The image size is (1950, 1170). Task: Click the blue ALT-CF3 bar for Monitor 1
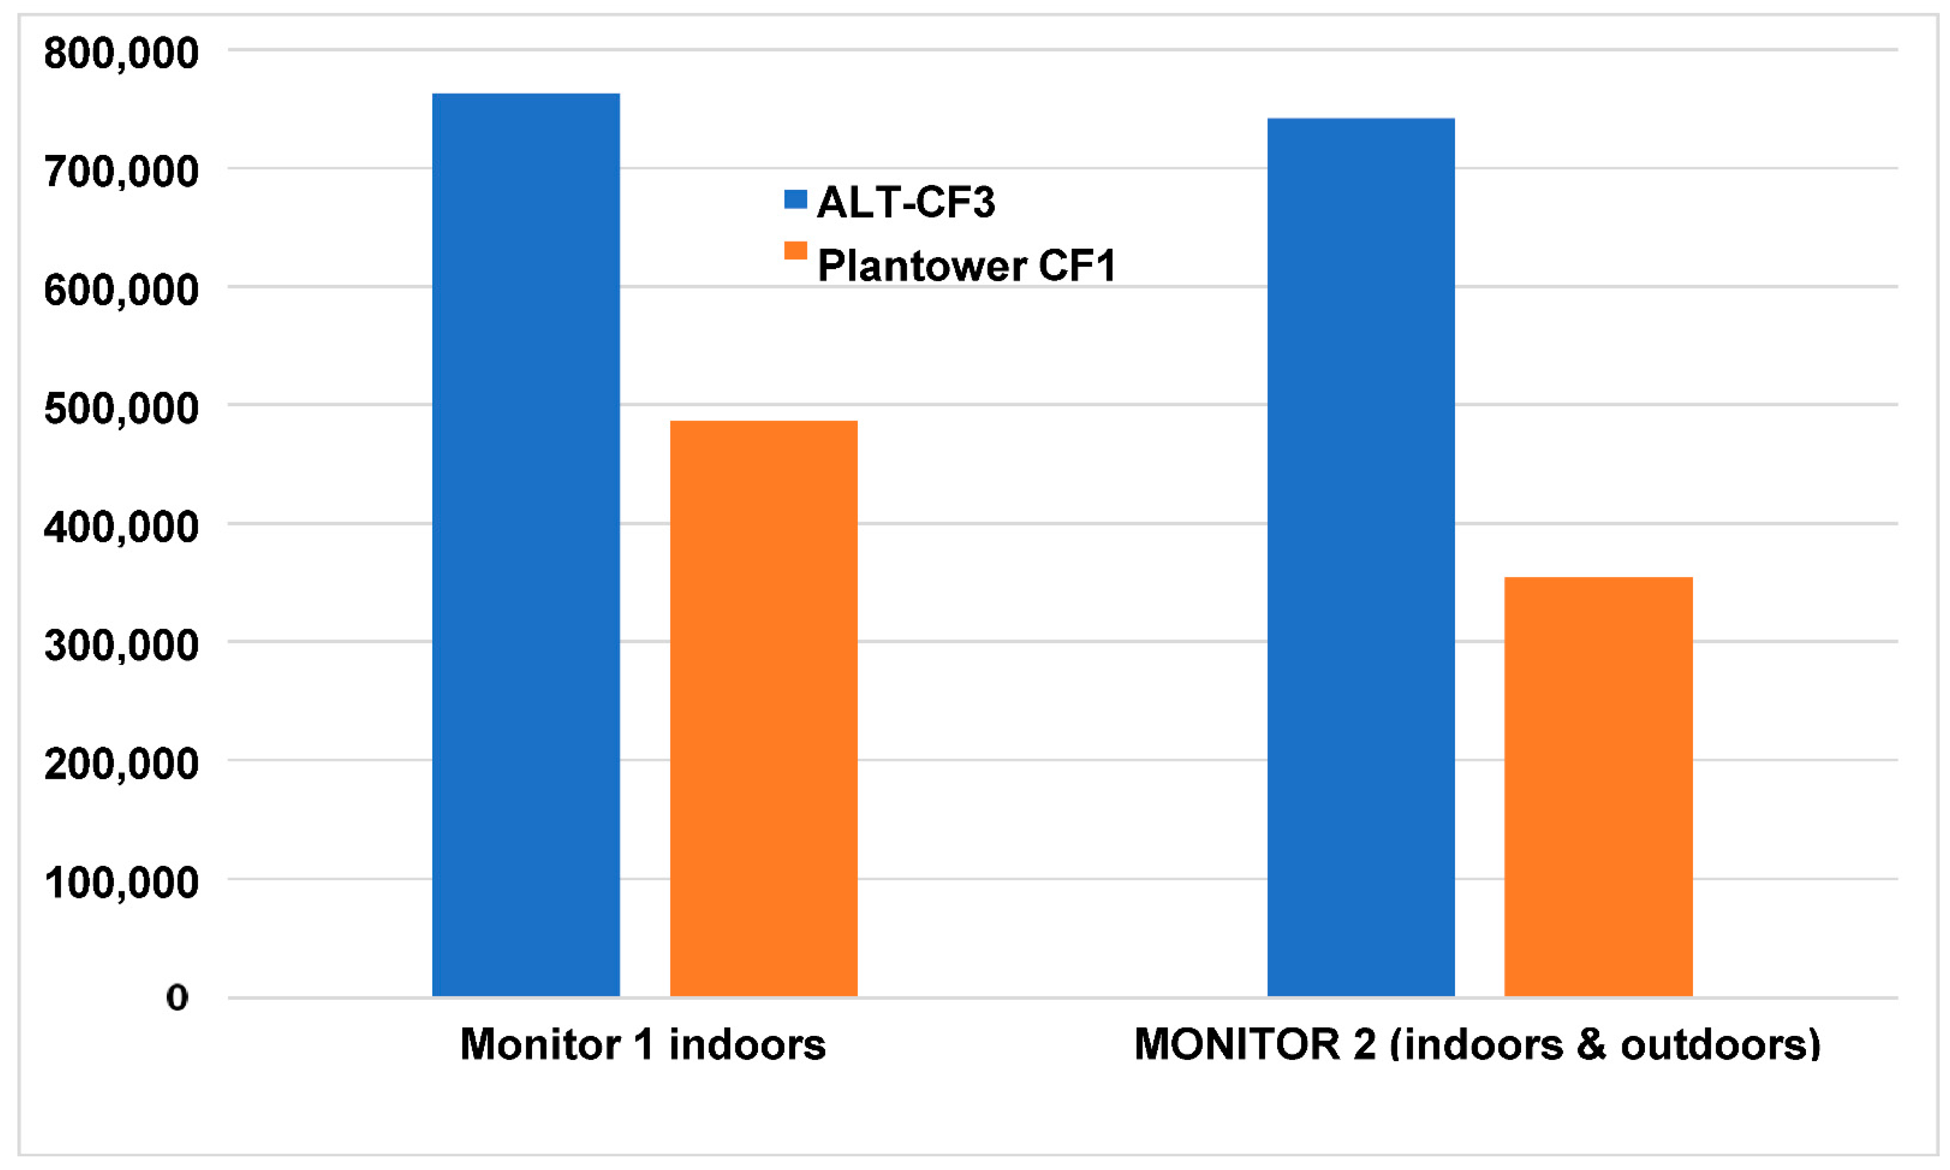tap(526, 544)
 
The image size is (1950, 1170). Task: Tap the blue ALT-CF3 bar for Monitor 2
tap(1361, 557)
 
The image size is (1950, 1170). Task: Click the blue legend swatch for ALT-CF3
tap(795, 200)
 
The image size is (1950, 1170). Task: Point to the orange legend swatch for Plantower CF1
tap(795, 250)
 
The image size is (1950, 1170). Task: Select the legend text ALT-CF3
tap(906, 202)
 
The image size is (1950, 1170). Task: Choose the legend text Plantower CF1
tap(967, 266)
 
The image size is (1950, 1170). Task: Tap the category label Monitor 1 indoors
tap(642, 1045)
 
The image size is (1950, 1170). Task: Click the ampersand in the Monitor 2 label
tap(1591, 1045)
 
